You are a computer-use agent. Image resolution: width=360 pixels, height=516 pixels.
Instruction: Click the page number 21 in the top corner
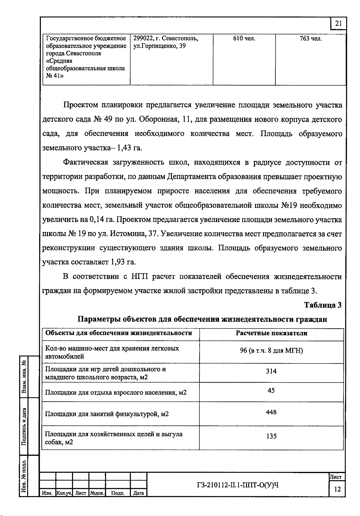tap(338, 24)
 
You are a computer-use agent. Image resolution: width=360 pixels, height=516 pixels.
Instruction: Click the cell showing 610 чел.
tap(244, 39)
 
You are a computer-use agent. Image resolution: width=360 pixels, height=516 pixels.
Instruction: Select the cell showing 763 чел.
tap(310, 39)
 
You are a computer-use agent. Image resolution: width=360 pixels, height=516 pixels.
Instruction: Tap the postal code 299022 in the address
tap(143, 39)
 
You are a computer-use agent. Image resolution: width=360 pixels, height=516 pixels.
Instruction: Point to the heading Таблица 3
tap(322, 305)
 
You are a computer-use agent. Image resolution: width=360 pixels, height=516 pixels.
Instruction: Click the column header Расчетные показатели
tap(271, 333)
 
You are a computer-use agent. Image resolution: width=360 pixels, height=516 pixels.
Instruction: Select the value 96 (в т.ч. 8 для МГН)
tap(271, 351)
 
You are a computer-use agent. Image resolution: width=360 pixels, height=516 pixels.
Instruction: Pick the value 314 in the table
tap(271, 371)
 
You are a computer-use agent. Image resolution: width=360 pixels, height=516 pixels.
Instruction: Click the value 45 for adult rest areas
tap(271, 391)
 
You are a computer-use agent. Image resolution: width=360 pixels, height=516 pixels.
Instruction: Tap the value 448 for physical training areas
tap(271, 412)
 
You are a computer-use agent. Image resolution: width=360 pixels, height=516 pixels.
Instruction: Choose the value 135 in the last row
tap(271, 436)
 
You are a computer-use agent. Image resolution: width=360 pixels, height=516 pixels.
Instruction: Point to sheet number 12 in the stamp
tap(337, 490)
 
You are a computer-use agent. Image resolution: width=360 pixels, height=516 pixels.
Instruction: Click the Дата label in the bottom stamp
tap(138, 493)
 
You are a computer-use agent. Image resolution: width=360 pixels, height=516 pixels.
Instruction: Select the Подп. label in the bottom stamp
tap(118, 493)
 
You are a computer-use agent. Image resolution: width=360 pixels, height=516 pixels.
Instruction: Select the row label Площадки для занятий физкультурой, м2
tap(107, 414)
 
